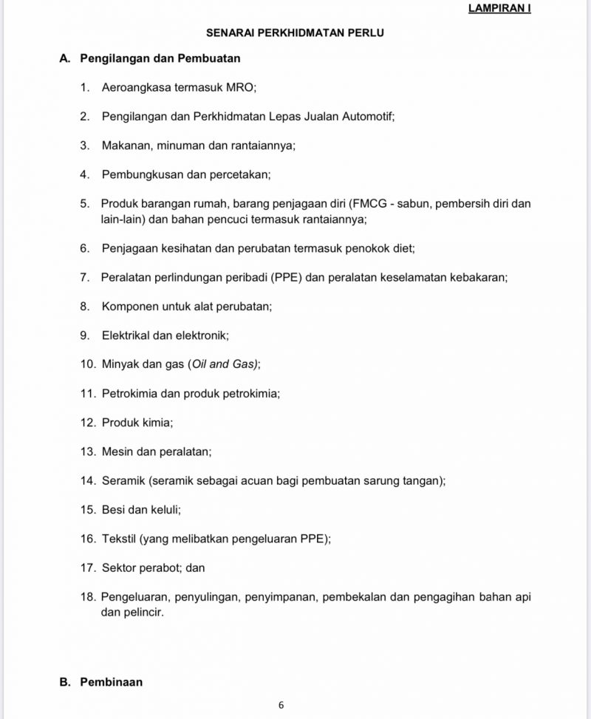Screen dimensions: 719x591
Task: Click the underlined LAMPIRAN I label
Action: pos(499,9)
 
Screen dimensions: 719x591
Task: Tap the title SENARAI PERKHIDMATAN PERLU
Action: pos(295,33)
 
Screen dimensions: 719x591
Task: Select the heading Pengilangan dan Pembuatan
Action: pos(160,58)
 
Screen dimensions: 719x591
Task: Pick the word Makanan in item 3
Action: pos(126,146)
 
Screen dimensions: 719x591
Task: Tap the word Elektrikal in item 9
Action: pos(126,335)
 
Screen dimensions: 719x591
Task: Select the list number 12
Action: pos(88,423)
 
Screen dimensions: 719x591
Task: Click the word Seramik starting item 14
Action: pos(123,481)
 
